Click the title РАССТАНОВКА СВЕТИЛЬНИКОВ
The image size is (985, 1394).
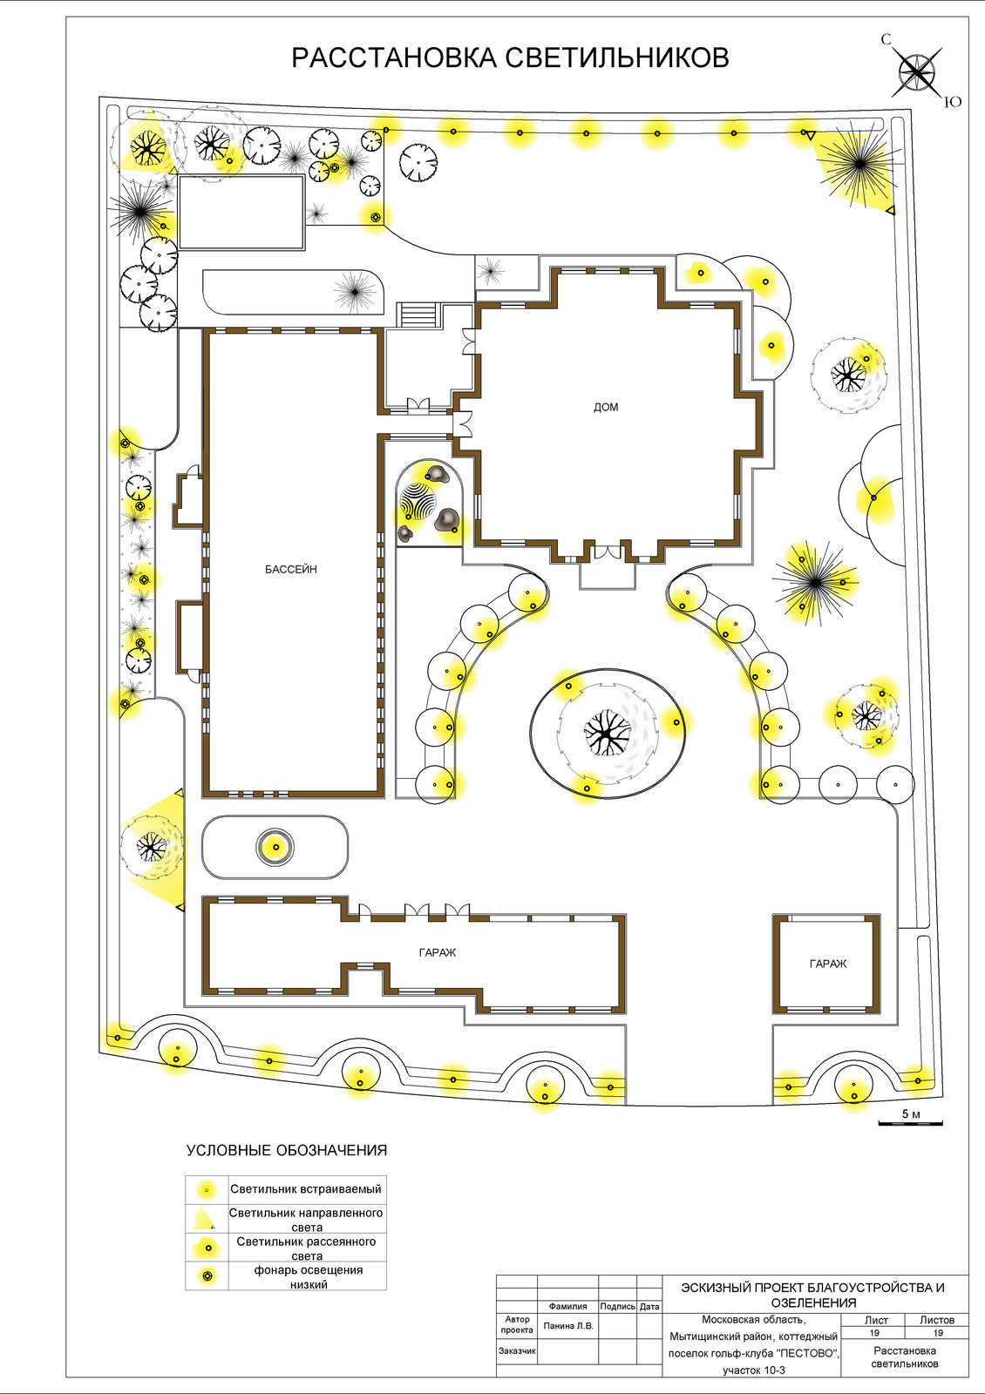[510, 58]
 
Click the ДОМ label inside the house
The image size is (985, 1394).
[606, 408]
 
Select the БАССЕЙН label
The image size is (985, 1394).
[291, 569]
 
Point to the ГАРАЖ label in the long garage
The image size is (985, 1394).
[438, 953]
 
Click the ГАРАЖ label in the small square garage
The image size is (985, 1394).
[828, 964]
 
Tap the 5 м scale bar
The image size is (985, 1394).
[910, 1123]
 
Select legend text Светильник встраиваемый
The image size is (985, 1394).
[306, 1188]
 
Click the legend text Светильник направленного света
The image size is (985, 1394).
[306, 1220]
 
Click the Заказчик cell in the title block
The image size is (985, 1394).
[517, 1351]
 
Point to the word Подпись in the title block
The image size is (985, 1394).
[618, 1307]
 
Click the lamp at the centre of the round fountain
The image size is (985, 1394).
[275, 847]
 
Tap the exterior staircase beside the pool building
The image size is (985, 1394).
[419, 315]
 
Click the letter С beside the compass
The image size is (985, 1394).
[886, 40]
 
